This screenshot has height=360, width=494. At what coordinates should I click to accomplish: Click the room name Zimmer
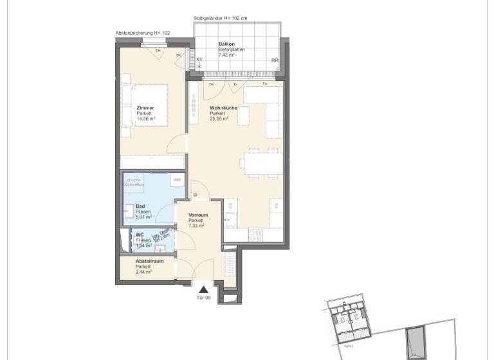click(x=145, y=108)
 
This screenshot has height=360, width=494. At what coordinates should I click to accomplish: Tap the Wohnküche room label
click(x=223, y=108)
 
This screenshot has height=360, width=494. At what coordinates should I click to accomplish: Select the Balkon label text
click(x=225, y=44)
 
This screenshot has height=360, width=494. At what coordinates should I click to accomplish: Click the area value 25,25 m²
click(x=219, y=119)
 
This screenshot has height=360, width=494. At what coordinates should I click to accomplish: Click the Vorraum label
click(x=198, y=215)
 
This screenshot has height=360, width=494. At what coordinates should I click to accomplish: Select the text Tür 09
click(x=203, y=298)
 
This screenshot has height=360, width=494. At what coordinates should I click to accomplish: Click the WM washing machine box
click(x=176, y=181)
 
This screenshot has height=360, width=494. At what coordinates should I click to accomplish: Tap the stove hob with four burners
click(x=253, y=236)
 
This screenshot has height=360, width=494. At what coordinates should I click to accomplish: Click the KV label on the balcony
click(x=200, y=59)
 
